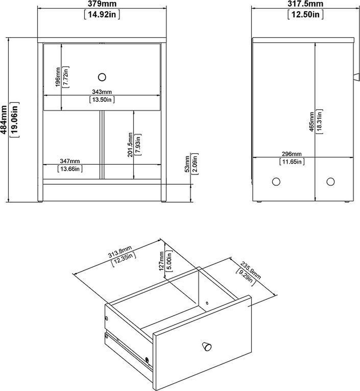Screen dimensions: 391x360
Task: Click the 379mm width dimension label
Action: pyautogui.click(x=102, y=4)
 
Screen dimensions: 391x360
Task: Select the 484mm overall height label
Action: pyautogui.click(x=4, y=119)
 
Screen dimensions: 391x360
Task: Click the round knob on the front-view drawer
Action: pyautogui.click(x=102, y=77)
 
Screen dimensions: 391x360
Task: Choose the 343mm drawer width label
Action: pyautogui.click(x=102, y=92)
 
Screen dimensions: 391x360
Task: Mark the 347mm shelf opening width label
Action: pyautogui.click(x=70, y=161)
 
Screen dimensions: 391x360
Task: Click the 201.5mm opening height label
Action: pyautogui.click(x=130, y=145)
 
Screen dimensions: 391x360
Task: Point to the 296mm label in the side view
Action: pyautogui.click(x=292, y=154)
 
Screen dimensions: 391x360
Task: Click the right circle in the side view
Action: pyautogui.click(x=330, y=181)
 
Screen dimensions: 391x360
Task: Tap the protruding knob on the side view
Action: pyautogui.click(x=356, y=77)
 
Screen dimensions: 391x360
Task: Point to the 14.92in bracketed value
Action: pyautogui.click(x=102, y=15)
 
